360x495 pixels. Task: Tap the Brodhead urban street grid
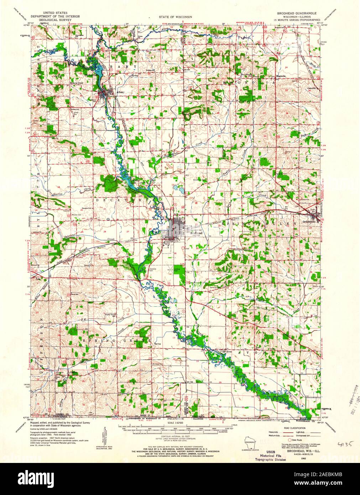(176, 226)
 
